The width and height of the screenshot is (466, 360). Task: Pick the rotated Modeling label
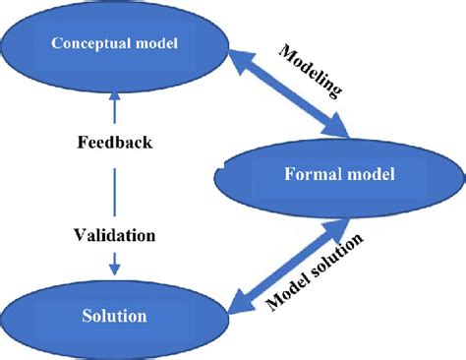click(312, 72)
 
